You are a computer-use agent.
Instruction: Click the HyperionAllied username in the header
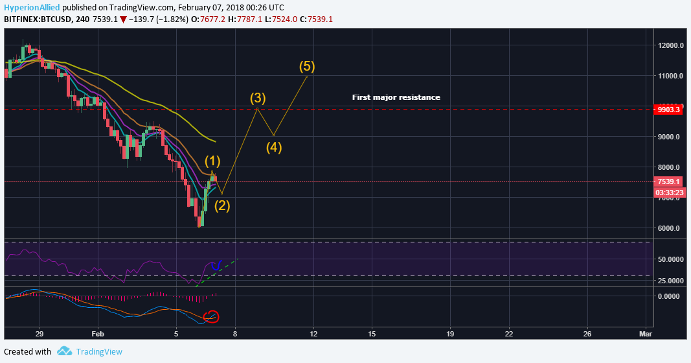(x=32, y=8)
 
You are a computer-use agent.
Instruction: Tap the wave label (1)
(x=213, y=160)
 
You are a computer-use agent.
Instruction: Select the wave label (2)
(x=222, y=206)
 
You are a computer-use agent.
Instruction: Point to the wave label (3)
(x=258, y=98)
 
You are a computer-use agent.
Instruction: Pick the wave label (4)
(x=274, y=146)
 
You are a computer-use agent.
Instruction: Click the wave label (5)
(x=307, y=66)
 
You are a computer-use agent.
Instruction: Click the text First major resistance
(x=396, y=97)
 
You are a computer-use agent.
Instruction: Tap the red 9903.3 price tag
(x=668, y=110)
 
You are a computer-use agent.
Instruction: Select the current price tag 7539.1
(x=668, y=181)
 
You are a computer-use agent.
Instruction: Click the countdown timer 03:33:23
(x=668, y=193)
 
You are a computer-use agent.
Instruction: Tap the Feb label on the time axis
(x=98, y=334)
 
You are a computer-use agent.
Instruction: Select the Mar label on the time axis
(x=645, y=334)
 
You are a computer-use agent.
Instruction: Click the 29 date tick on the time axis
(x=40, y=334)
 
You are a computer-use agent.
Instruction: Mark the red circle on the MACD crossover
(x=212, y=317)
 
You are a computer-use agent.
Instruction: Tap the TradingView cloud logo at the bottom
(x=64, y=351)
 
